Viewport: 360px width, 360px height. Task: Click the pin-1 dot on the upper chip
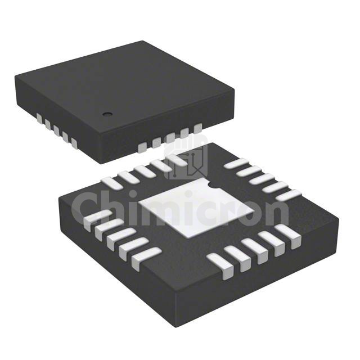[x=107, y=114]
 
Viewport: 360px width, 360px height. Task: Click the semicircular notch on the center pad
[x=211, y=184]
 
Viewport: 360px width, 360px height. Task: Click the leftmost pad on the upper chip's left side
[x=39, y=118]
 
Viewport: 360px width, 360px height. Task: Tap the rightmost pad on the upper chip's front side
[x=197, y=128]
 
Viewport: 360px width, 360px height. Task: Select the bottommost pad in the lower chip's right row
[x=289, y=195]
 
